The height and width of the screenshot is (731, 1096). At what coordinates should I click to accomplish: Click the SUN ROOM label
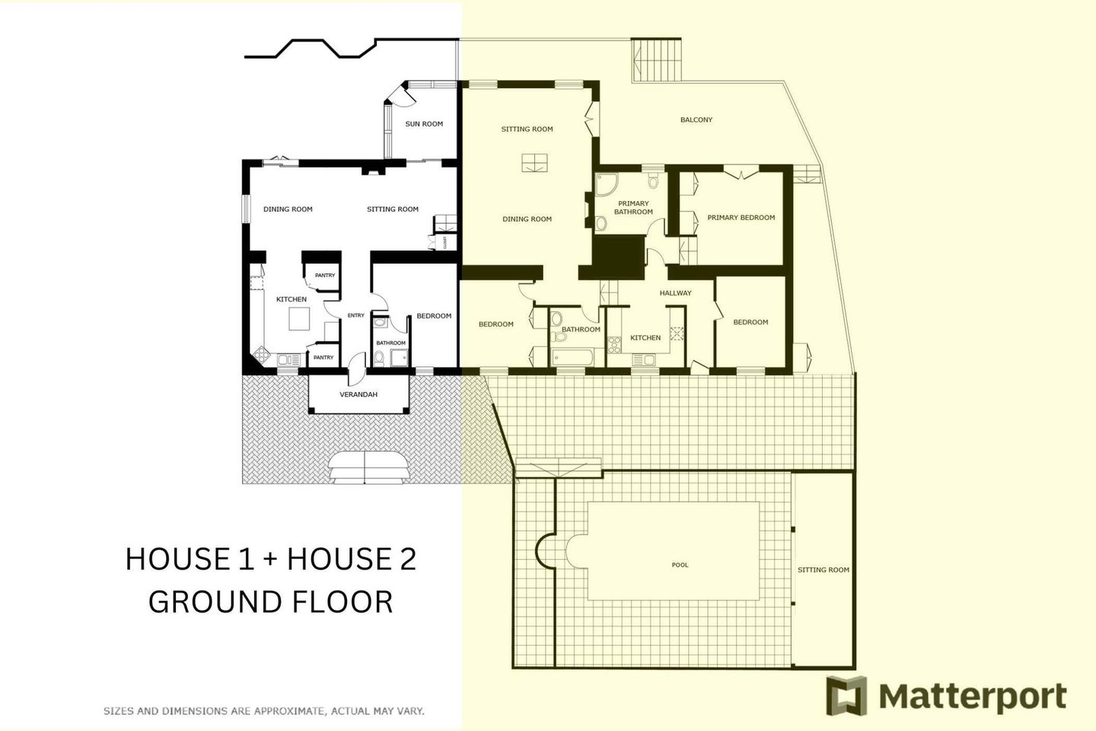tap(424, 124)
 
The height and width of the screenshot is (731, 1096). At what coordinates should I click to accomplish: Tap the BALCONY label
tap(696, 120)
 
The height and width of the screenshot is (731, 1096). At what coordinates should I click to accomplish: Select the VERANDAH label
tap(358, 394)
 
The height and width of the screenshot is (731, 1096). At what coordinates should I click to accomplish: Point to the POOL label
tap(680, 564)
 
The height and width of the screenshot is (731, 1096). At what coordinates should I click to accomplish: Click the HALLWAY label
tap(675, 293)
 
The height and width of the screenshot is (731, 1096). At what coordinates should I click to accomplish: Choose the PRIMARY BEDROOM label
tap(741, 217)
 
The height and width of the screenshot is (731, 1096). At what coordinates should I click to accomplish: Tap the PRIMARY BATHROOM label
tap(633, 208)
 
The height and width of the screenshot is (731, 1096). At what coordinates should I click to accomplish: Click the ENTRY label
tap(355, 315)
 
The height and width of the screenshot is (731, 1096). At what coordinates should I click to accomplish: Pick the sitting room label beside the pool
tap(824, 570)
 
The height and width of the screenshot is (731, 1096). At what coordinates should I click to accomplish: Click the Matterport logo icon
tap(846, 695)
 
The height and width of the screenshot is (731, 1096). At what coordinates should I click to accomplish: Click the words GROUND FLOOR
tap(271, 602)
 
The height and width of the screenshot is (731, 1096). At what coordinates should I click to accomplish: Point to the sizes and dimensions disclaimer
tap(263, 711)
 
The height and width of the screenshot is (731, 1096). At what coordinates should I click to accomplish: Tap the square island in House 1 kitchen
tap(299, 319)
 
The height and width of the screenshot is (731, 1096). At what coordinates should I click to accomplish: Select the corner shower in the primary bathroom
tap(606, 184)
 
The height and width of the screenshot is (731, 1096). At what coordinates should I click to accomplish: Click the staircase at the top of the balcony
tap(657, 59)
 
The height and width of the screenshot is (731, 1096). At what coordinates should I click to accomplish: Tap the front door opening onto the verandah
tap(357, 369)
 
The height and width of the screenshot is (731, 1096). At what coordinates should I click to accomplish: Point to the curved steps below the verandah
tap(365, 468)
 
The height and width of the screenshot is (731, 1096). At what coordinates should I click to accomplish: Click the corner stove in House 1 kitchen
tap(261, 354)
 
